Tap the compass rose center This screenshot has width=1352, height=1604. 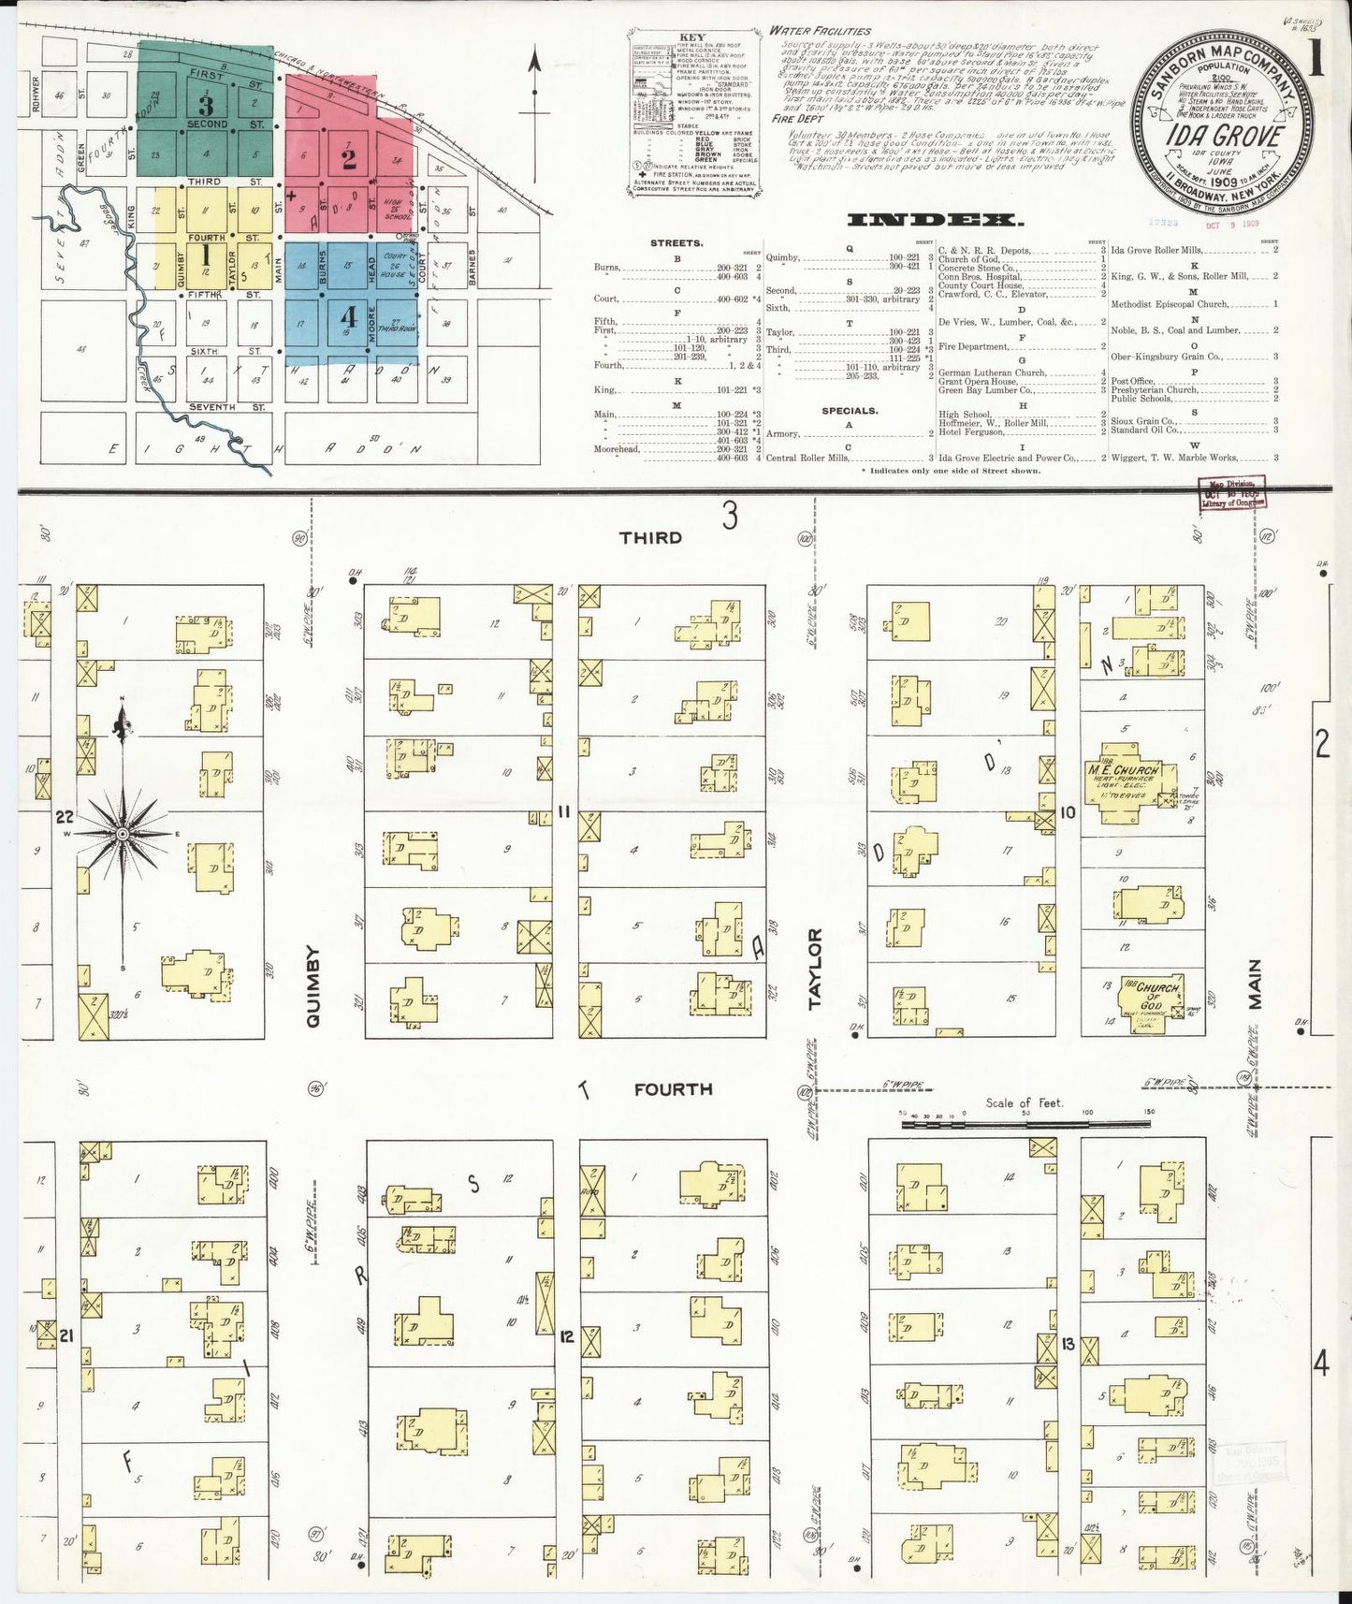[123, 832]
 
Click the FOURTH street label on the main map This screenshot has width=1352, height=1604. [673, 1089]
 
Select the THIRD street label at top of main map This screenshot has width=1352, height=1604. [650, 538]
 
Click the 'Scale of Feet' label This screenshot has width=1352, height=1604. [1025, 1103]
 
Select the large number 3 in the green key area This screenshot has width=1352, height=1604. [207, 105]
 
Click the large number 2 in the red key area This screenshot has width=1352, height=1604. [349, 158]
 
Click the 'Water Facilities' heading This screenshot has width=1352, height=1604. [820, 31]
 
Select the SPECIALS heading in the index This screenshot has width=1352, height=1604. [850, 410]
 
